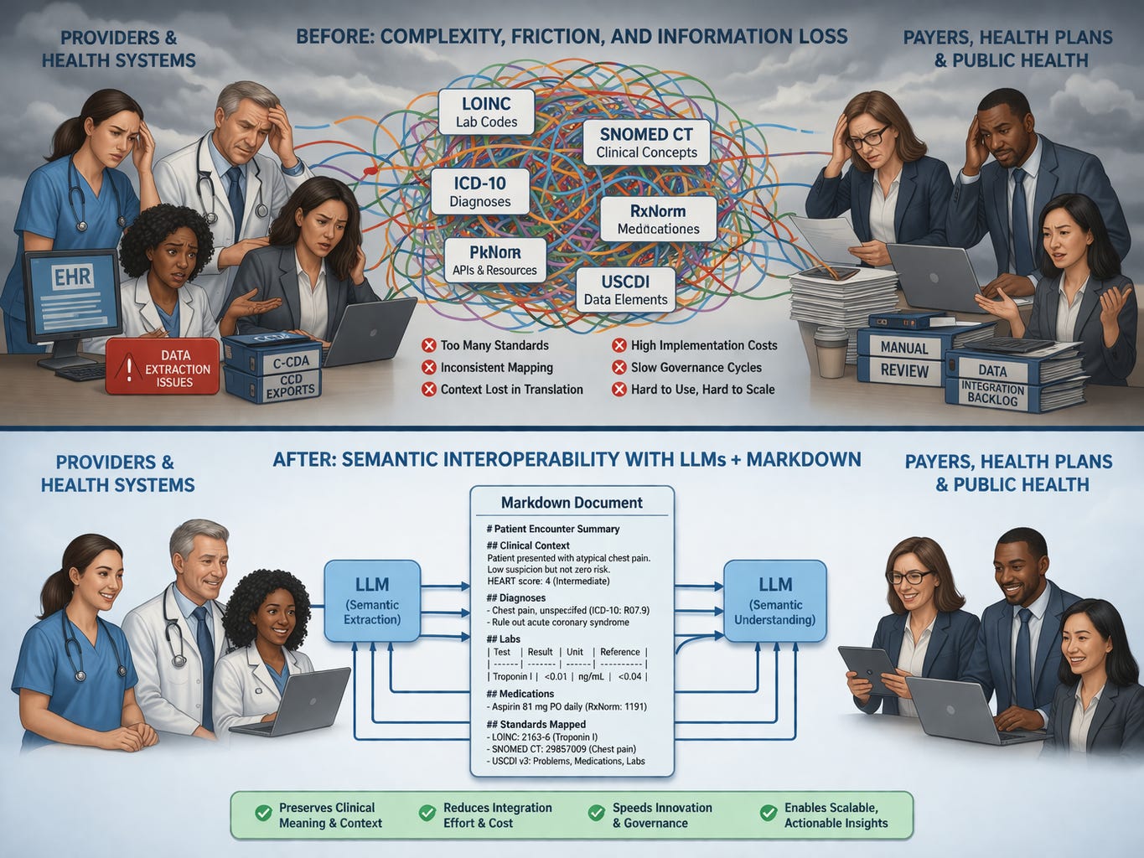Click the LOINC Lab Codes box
pos(486,112)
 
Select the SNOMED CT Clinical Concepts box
pos(646,142)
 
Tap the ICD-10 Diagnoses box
pos(479,191)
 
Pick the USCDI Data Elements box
pos(625,290)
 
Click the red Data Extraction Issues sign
pos(163,368)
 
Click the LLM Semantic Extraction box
pos(372,601)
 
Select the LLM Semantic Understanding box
pos(774,601)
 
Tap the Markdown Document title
pos(572,503)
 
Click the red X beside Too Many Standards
pos(428,345)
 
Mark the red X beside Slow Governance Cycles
pos(619,367)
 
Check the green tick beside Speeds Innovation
pos(597,814)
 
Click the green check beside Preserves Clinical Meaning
pos(263,814)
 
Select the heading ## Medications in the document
pos(520,694)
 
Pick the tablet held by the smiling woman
pos(869,669)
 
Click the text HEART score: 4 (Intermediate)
pos(548,581)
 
